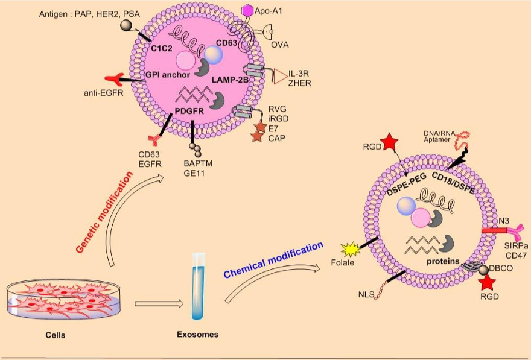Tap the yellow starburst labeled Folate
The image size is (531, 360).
pyautogui.click(x=350, y=248)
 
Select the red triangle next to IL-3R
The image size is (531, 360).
pyautogui.click(x=281, y=76)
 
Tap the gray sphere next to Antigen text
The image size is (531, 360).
pyautogui.click(x=126, y=25)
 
